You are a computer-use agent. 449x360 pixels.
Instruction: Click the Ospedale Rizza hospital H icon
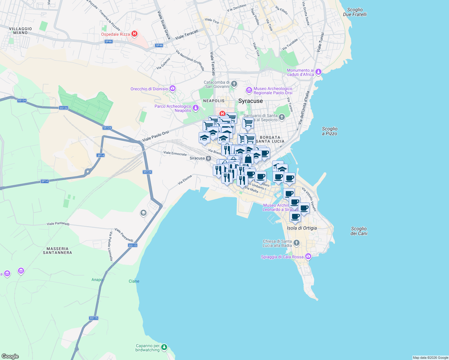[x=134, y=34]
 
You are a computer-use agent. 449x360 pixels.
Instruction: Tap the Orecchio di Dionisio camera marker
[x=172, y=88]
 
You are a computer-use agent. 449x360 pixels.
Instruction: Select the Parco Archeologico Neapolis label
[x=173, y=108]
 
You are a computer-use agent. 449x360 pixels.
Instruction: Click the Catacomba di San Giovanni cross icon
[x=234, y=84]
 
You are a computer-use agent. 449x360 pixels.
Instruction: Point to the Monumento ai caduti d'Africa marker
[x=318, y=72]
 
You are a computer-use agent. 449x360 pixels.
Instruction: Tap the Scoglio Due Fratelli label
[x=355, y=12]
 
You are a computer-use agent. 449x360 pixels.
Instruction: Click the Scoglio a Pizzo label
[x=330, y=131]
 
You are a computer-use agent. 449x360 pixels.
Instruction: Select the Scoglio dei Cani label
[x=359, y=231]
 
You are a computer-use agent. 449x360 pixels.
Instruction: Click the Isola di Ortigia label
[x=302, y=228]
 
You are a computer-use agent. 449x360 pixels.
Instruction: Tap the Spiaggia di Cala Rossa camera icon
[x=308, y=256]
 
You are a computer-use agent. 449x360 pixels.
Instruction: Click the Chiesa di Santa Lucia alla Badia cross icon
[x=297, y=243]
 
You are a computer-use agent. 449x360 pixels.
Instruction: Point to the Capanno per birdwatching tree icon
[x=164, y=347]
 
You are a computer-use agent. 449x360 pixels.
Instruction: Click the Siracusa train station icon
[x=208, y=158]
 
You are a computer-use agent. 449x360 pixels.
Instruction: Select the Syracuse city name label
[x=250, y=101]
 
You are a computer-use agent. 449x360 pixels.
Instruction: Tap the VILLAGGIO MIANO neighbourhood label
[x=20, y=31]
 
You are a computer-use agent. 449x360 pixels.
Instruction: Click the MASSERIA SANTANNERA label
[x=57, y=250]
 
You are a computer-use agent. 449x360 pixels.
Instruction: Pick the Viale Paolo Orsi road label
[x=155, y=136]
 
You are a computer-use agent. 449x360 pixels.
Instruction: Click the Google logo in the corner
[x=10, y=356]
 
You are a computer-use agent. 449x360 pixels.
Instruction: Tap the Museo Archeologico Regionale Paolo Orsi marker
[x=249, y=90]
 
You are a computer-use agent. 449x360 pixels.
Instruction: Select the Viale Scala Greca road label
[x=164, y=25]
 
